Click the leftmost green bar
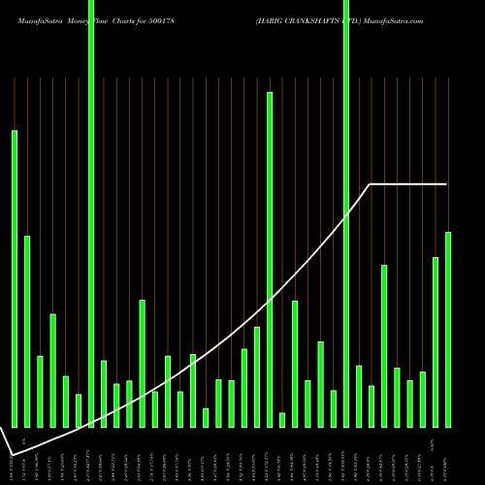(15, 278)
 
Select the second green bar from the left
(27, 331)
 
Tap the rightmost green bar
(448, 329)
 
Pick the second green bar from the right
(436, 341)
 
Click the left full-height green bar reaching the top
(91, 213)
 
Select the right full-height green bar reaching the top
(346, 213)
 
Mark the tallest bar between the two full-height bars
(270, 259)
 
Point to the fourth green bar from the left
(53, 370)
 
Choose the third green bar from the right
(423, 399)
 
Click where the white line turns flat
(371, 183)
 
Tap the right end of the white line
(447, 183)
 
